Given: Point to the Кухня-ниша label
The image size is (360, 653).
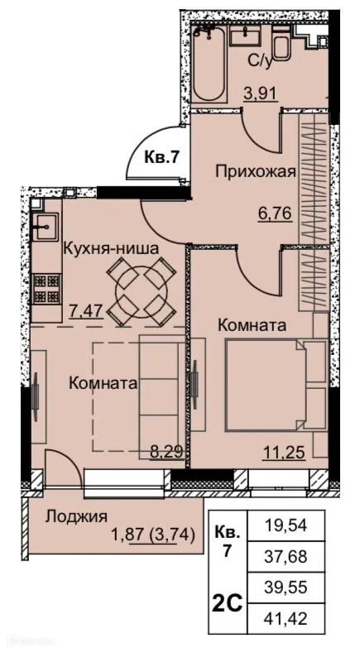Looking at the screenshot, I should pyautogui.click(x=110, y=247).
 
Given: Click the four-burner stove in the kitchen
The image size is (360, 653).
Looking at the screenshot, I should pyautogui.click(x=46, y=287).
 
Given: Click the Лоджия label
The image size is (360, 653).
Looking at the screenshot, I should pyautogui.click(x=76, y=517).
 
